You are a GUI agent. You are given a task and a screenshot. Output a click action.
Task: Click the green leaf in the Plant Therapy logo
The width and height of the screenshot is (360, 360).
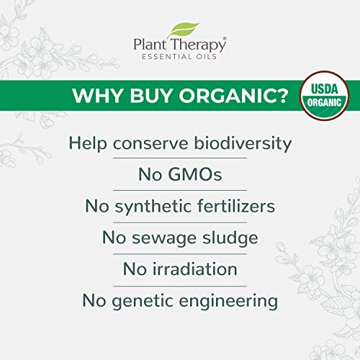[x=184, y=30]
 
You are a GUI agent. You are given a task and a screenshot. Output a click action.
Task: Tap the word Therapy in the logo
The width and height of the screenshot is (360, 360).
[x=199, y=45]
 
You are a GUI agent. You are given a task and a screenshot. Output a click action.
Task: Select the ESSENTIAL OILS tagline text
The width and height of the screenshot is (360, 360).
[x=179, y=57]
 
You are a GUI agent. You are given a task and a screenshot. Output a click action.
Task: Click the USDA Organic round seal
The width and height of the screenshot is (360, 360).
[x=325, y=96]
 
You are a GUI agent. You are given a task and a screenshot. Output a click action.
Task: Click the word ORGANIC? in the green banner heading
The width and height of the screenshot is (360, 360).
[x=233, y=96]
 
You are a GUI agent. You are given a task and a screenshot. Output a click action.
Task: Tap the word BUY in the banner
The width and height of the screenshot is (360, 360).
[x=151, y=96]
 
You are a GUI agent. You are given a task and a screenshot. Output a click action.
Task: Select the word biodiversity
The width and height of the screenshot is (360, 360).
[x=243, y=144]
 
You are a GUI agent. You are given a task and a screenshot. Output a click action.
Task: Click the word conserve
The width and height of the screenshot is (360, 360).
[x=150, y=144]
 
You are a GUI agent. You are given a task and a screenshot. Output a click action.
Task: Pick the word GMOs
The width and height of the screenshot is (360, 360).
[x=194, y=174]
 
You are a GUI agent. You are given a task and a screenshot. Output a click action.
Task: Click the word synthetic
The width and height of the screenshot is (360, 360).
[x=153, y=207]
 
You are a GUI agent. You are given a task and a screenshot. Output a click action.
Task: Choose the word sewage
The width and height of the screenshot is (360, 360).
[x=164, y=239]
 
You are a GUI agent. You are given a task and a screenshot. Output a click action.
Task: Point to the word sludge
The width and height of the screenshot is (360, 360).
[x=230, y=238]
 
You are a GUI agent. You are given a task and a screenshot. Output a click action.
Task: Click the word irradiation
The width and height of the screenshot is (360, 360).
[x=195, y=269]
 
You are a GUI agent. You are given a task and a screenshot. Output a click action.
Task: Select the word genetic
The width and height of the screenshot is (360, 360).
[x=143, y=301]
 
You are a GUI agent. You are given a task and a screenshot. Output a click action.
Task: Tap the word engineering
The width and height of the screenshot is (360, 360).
[x=228, y=301]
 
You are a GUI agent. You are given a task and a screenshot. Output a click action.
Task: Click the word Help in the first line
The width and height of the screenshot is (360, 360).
[x=88, y=144]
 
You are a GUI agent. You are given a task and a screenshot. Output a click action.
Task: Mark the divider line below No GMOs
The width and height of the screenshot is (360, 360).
[x=180, y=191]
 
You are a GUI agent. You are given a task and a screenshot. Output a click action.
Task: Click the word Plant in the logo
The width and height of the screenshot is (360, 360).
[x=150, y=45]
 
